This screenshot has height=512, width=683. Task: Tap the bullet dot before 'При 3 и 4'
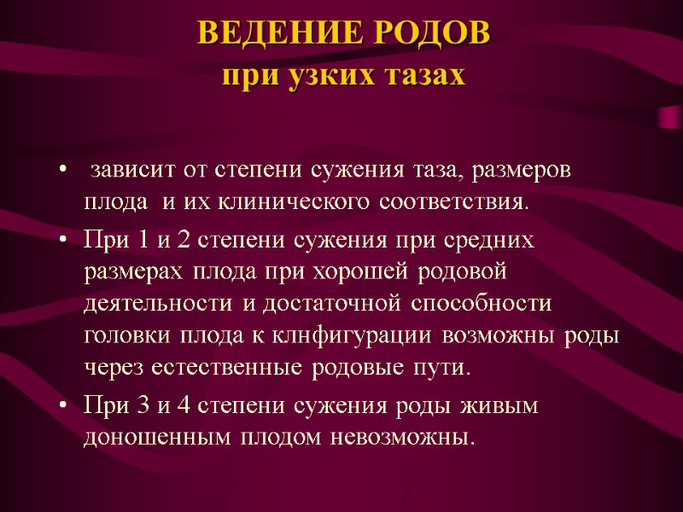[x=65, y=406]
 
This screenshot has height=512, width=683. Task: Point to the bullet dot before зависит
[x=65, y=171]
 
